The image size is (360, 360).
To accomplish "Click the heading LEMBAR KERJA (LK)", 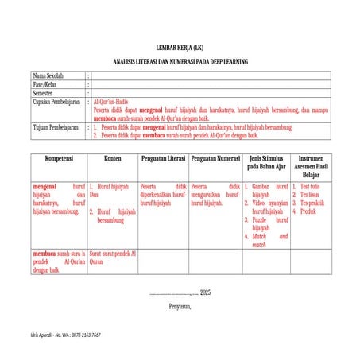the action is click(180, 48).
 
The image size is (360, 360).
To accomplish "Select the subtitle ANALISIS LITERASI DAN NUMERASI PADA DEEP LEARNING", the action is click(180, 60).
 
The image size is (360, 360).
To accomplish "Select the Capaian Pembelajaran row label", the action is click(52, 102).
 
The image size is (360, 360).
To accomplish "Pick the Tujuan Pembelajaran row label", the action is click(50, 126).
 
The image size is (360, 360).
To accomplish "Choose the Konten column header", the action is click(113, 158).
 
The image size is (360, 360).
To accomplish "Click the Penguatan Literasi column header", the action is click(163, 158).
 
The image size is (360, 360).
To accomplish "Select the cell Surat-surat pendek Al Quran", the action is click(113, 257).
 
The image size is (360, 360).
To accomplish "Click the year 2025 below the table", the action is click(205, 292).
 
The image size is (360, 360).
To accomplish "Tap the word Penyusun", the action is click(180, 305).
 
